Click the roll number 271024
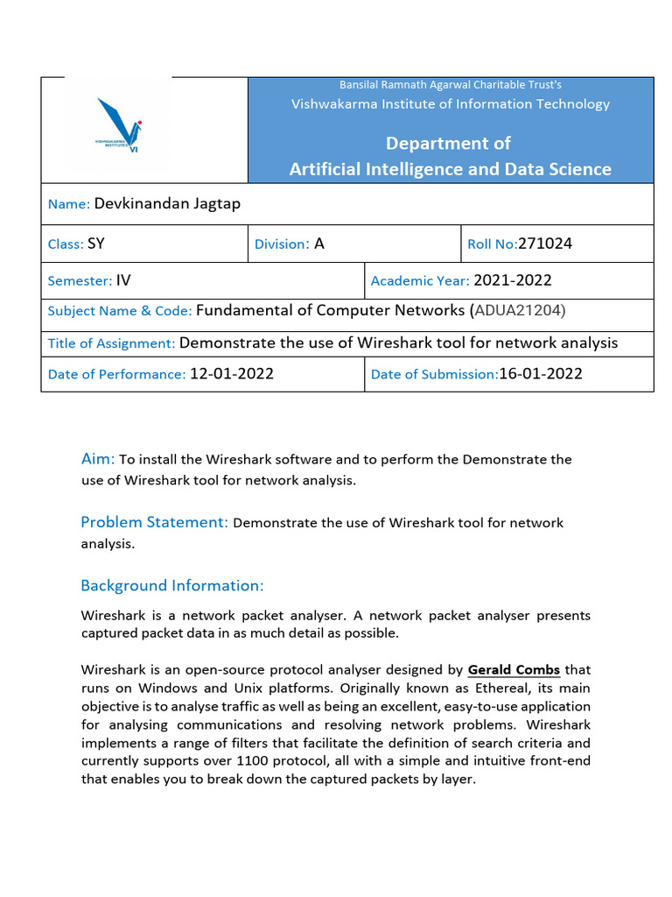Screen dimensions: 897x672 (x=545, y=244)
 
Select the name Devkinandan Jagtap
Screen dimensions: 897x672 (x=167, y=204)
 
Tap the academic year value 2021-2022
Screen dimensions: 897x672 (x=512, y=280)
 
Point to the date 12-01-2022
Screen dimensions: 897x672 (x=232, y=374)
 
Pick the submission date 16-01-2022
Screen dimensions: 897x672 (x=541, y=374)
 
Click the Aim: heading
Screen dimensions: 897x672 (x=98, y=459)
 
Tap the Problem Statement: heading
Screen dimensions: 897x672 (x=155, y=522)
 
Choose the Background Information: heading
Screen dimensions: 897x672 (x=171, y=585)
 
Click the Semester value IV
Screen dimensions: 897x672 (x=123, y=280)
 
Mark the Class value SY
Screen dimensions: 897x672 (x=96, y=244)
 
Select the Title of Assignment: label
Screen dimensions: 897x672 (x=111, y=343)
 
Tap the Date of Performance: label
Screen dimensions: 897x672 (x=116, y=375)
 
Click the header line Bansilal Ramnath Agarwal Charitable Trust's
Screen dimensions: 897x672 (x=450, y=85)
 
